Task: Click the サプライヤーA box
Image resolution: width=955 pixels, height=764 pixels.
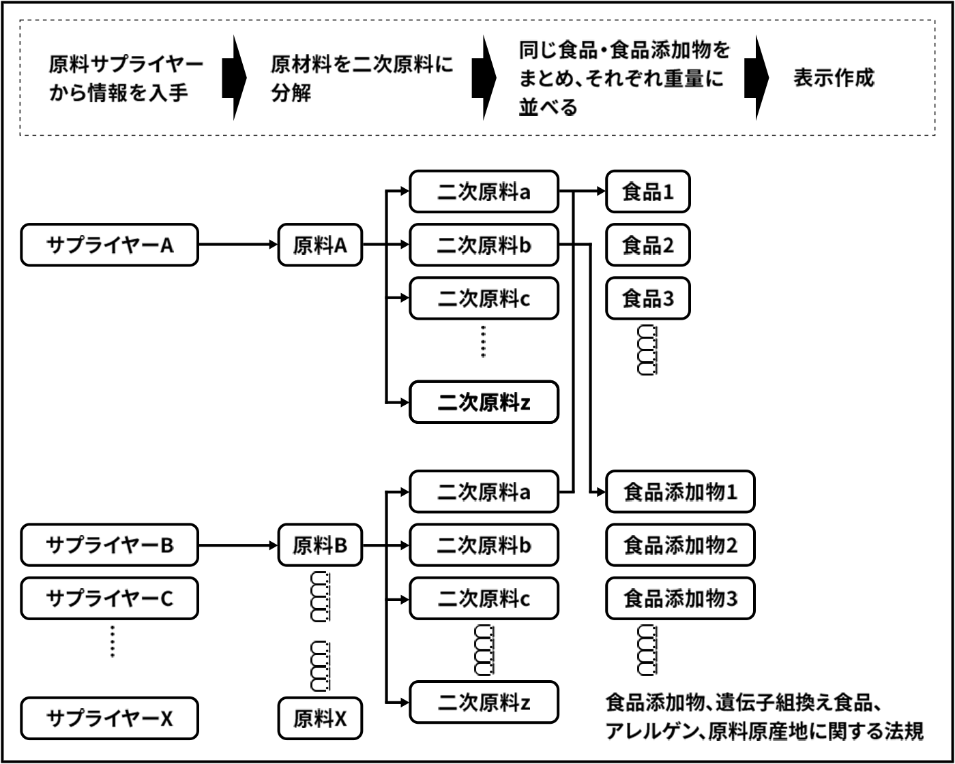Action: pyautogui.click(x=109, y=245)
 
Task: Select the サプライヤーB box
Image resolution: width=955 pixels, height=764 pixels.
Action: pyautogui.click(x=109, y=545)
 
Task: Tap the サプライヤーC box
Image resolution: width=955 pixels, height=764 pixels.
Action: pyautogui.click(x=109, y=598)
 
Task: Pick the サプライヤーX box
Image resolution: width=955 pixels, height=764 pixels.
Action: pyautogui.click(x=109, y=718)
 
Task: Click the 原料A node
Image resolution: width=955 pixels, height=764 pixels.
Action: pyautogui.click(x=320, y=245)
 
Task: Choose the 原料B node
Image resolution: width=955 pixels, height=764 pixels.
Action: pyautogui.click(x=320, y=545)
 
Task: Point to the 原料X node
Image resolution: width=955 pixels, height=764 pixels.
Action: pyautogui.click(x=320, y=718)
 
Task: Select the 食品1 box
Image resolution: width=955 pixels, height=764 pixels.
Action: pyautogui.click(x=648, y=192)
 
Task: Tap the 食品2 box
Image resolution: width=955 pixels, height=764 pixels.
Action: pyautogui.click(x=648, y=245)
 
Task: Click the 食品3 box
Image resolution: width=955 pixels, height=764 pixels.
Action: pyautogui.click(x=648, y=298)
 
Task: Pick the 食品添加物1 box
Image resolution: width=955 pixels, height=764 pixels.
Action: pyautogui.click(x=680, y=491)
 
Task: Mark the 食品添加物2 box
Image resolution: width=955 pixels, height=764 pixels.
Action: pyautogui.click(x=680, y=545)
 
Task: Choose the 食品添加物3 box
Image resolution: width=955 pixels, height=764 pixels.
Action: pyautogui.click(x=680, y=598)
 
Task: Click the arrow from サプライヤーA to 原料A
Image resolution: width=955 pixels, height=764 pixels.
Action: pyautogui.click(x=237, y=245)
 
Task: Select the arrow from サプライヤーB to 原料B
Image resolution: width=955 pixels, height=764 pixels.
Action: pyautogui.click(x=237, y=545)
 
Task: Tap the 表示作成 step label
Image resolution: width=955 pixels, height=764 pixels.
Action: pyautogui.click(x=833, y=78)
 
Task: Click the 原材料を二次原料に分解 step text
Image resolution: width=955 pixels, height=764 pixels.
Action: pyautogui.click(x=362, y=78)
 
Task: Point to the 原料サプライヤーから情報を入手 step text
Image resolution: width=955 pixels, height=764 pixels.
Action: pyautogui.click(x=126, y=78)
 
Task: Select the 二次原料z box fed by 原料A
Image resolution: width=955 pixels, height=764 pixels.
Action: pyautogui.click(x=484, y=403)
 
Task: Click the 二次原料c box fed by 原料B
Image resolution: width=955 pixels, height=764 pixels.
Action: pyautogui.click(x=484, y=598)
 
